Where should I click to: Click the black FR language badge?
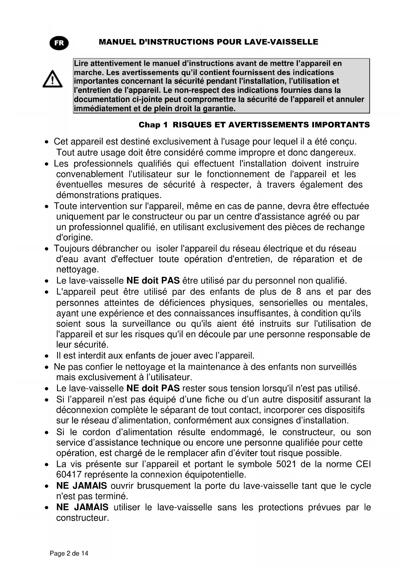pyautogui.click(x=59, y=43)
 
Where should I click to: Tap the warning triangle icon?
pyautogui.click(x=52, y=79)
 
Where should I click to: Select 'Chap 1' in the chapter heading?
pyautogui.click(x=153, y=125)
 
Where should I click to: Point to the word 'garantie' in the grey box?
pyautogui.click(x=219, y=108)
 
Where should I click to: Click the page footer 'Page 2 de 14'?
pyautogui.click(x=69, y=554)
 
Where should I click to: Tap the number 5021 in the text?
pyautogui.click(x=286, y=464)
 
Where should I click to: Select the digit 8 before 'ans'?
pyautogui.click(x=299, y=292)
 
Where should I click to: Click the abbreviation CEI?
pyautogui.click(x=363, y=464)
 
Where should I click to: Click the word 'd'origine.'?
pyautogui.click(x=74, y=238)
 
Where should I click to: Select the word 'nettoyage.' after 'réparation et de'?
pyautogui.click(x=77, y=269)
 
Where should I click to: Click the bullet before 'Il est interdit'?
pyautogui.click(x=47, y=356)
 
